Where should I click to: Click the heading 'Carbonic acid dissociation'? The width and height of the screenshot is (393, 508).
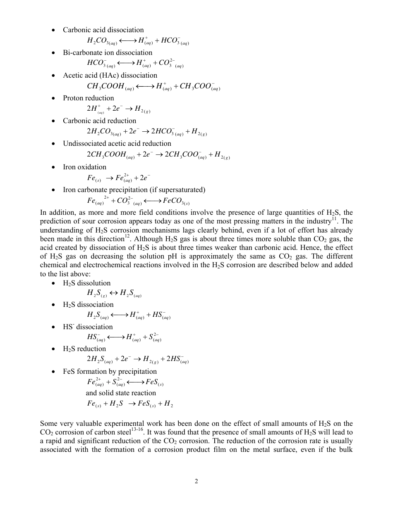click(x=103, y=30)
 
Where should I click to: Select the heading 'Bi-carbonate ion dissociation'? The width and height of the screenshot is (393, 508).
click(x=108, y=52)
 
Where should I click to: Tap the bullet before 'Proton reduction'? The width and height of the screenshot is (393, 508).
click(x=54, y=98)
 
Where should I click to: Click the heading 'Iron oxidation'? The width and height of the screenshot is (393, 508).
click(x=84, y=167)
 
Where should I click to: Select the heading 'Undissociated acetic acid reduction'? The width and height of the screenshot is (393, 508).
click(x=117, y=143)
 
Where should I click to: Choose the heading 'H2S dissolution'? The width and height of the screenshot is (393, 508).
click(x=86, y=283)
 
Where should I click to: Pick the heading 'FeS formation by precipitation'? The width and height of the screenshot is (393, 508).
click(x=110, y=371)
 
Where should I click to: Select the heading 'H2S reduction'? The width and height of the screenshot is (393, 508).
click(x=84, y=349)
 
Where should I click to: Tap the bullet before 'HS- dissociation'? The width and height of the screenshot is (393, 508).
click(x=54, y=327)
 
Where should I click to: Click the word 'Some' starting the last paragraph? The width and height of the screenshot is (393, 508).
click(x=48, y=423)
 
